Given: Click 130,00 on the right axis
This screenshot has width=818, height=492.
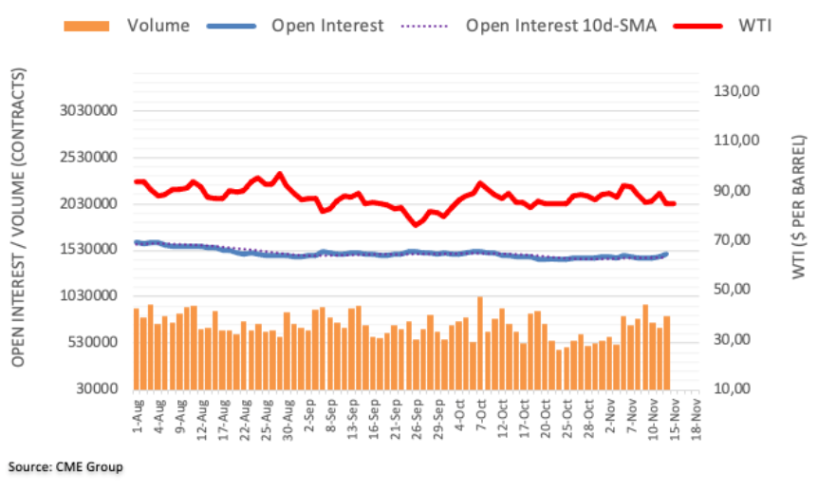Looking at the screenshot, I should [x=737, y=91].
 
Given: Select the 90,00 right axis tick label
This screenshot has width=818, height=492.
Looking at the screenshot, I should [x=737, y=191].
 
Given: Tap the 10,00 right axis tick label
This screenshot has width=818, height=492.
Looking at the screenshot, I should [x=737, y=389].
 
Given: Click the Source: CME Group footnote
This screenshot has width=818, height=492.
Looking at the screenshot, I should [x=65, y=467].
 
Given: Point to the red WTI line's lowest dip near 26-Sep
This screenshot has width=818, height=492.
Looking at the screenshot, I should [x=416, y=224].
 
